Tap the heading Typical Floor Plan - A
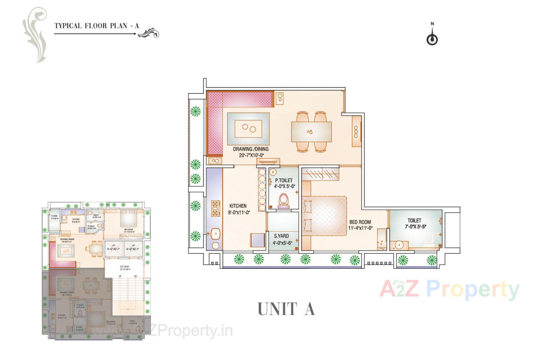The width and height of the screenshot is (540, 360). point(96,26)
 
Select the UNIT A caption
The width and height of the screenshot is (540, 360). point(286,309)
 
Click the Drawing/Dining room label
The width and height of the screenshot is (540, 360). point(251,149)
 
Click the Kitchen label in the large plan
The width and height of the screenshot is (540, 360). point(238,206)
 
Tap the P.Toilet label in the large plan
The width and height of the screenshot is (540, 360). point(283,180)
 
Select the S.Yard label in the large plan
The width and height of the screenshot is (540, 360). point(281,236)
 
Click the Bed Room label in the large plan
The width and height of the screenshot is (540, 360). point(360,222)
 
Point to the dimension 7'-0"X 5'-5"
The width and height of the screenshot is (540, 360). point(415,227)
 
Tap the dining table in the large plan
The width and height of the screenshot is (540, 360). point(311,132)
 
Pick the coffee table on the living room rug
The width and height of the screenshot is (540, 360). point(248,129)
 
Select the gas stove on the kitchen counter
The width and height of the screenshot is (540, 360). point(215,208)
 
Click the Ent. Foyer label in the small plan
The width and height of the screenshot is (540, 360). point(124,268)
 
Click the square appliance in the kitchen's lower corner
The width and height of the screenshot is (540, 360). point(257,240)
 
